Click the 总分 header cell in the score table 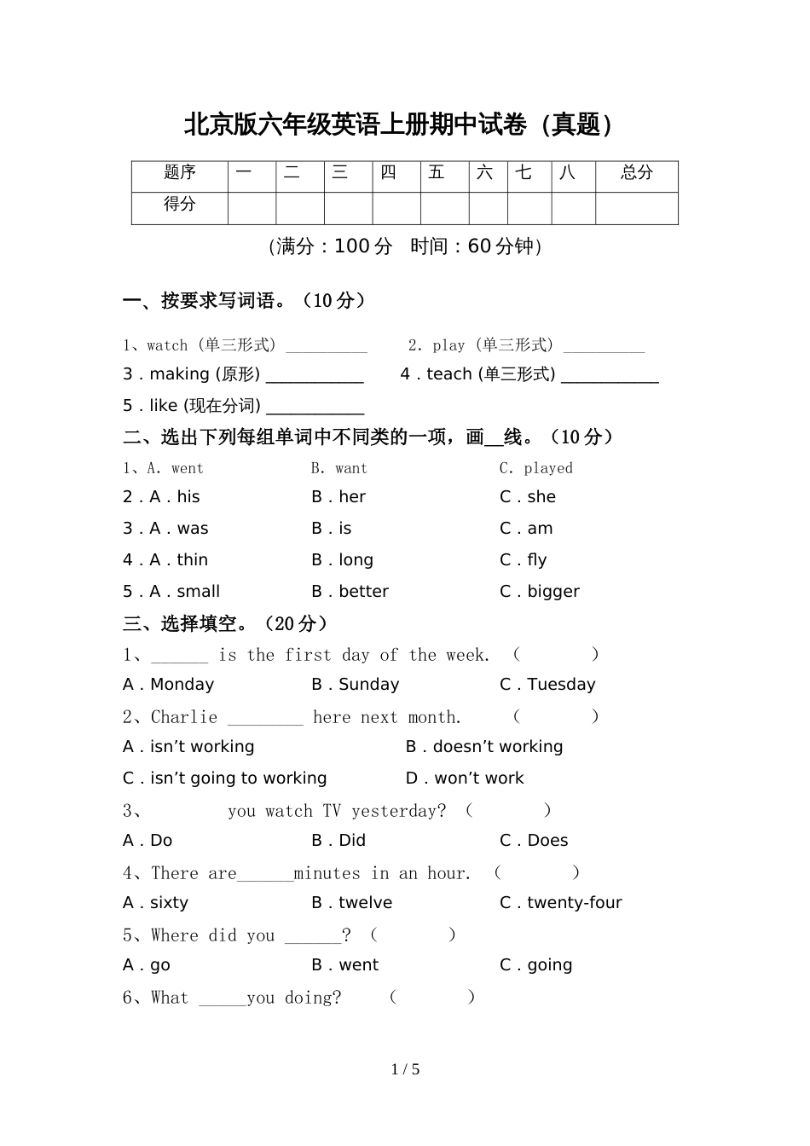click(636, 173)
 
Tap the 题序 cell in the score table click(179, 173)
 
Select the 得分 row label click(179, 205)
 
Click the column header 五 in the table click(437, 173)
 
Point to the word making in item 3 click(179, 374)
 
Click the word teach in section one click(449, 374)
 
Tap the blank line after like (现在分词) click(315, 407)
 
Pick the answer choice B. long click(342, 560)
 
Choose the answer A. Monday click(168, 685)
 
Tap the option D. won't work click(465, 778)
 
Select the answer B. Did click(338, 841)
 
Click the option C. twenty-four click(560, 903)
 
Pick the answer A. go click(147, 965)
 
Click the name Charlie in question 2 click(184, 717)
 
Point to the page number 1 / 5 click(405, 1069)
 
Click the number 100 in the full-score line click(351, 246)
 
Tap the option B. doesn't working click(484, 747)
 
